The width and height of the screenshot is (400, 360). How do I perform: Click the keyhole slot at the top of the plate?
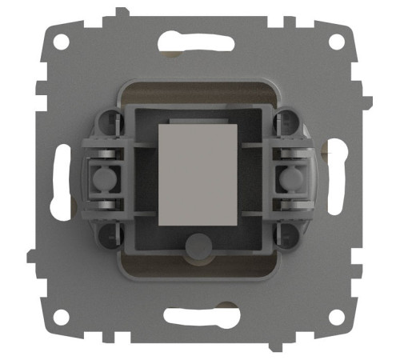(x=198, y=39)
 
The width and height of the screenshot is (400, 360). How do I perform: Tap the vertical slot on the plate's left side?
(x=58, y=180)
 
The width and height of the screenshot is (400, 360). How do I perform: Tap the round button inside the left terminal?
(x=103, y=177)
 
